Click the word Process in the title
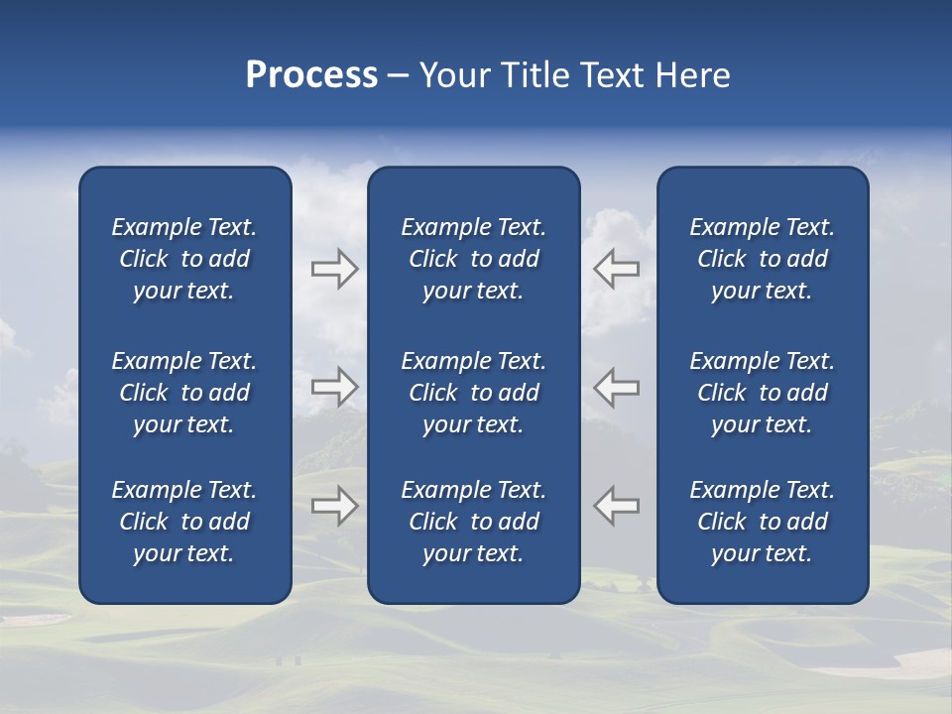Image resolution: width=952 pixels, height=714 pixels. [x=311, y=75]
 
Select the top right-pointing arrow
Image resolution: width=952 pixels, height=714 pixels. [x=334, y=269]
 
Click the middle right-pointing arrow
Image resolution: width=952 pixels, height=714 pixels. [x=334, y=387]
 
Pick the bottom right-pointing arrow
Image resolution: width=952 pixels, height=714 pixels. [x=334, y=506]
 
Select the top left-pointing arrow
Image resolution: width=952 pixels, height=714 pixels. [x=617, y=269]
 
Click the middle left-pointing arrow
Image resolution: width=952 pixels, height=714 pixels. [x=617, y=387]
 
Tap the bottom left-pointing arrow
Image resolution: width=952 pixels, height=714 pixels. [x=617, y=506]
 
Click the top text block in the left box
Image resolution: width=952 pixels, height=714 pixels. [x=184, y=259]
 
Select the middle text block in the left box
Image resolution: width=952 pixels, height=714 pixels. [x=184, y=393]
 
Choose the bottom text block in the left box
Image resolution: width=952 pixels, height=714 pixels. [x=184, y=522]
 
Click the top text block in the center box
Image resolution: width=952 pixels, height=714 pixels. [x=473, y=259]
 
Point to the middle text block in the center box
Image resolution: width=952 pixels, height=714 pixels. [x=473, y=393]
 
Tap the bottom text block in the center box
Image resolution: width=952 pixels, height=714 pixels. [x=473, y=522]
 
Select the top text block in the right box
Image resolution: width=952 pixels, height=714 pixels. [x=762, y=259]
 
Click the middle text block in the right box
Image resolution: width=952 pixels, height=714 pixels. [x=762, y=393]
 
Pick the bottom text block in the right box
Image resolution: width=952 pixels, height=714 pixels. [x=762, y=522]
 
